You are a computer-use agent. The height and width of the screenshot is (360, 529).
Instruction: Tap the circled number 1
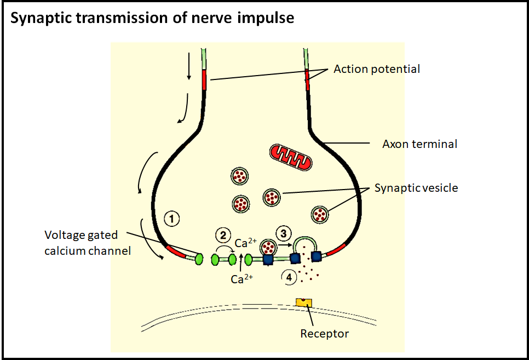(172, 219)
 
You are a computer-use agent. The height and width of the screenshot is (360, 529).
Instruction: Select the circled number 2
(222, 235)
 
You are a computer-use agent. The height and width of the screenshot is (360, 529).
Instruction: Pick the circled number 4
(289, 277)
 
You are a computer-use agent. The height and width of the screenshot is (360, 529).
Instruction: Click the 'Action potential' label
(377, 69)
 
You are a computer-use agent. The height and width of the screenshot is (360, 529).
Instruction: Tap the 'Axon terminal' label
(419, 144)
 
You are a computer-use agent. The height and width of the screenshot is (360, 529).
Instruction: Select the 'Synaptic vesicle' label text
(416, 188)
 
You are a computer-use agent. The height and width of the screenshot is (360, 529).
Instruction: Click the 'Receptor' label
(324, 333)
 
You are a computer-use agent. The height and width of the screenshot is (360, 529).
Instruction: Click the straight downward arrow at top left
(189, 66)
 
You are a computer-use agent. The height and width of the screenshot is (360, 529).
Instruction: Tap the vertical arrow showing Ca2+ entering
(240, 261)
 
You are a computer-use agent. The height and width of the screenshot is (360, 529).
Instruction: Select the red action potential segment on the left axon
(204, 80)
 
